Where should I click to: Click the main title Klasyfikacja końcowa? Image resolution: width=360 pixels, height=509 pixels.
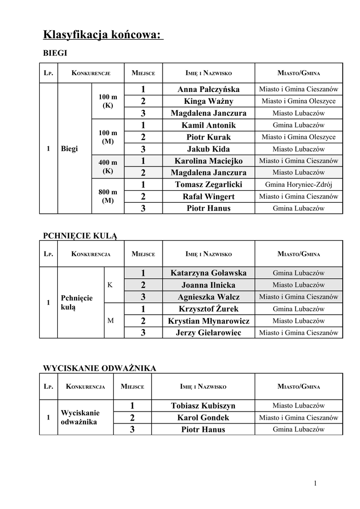click(102, 35)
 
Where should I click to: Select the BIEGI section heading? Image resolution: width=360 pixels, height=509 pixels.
click(55, 53)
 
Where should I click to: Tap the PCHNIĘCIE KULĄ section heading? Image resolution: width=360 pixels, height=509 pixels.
click(81, 235)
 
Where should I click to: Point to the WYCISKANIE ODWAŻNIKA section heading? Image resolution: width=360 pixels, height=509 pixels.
click(100, 368)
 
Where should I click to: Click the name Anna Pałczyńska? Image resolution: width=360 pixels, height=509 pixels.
click(208, 89)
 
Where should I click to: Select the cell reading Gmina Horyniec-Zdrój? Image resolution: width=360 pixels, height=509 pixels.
click(298, 184)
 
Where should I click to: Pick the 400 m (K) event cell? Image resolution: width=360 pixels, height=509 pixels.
click(108, 167)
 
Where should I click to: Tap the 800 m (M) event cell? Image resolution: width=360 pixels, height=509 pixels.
click(108, 196)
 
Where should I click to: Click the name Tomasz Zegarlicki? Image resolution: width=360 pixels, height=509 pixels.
click(208, 184)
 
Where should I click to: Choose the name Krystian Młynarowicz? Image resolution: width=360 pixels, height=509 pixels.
click(208, 321)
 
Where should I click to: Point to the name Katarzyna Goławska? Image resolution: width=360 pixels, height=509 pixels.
click(208, 273)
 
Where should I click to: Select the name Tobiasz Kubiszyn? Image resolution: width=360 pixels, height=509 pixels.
click(203, 406)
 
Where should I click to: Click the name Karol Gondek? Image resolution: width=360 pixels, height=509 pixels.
click(203, 418)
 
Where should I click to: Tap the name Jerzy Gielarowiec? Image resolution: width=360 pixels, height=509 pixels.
click(208, 333)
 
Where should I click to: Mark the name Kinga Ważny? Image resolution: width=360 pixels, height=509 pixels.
click(208, 101)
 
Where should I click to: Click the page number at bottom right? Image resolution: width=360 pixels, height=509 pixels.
click(315, 483)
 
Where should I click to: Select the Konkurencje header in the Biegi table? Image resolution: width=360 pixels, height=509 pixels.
click(91, 73)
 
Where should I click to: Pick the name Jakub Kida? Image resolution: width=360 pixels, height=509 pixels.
click(208, 149)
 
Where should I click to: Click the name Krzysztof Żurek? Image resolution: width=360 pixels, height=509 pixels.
click(208, 309)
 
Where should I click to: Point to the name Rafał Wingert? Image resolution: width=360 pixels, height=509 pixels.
click(208, 196)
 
